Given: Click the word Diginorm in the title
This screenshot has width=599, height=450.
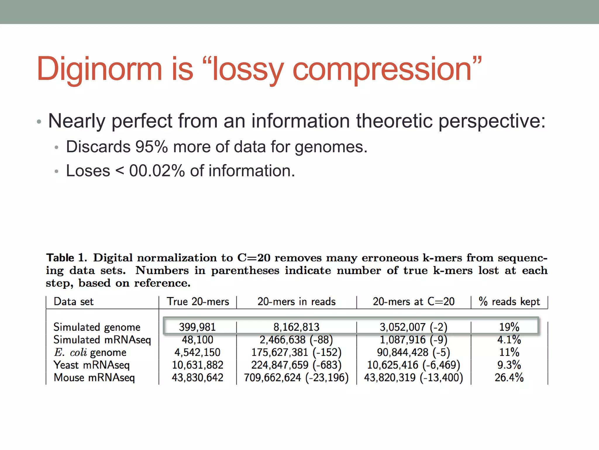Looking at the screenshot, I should [99, 69].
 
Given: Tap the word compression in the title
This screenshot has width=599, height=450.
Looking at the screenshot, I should [382, 69].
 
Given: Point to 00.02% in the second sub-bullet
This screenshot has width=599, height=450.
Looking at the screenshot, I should [157, 171].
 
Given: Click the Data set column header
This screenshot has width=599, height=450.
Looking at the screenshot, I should [73, 301].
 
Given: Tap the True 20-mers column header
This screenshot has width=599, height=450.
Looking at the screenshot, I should [198, 301].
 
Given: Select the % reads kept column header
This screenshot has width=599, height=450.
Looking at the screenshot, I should [509, 301].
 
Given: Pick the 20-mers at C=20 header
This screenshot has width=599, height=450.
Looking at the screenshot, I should [414, 301].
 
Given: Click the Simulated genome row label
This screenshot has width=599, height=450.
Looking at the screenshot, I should [97, 327].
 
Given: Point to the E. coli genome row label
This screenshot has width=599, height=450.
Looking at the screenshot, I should [90, 352].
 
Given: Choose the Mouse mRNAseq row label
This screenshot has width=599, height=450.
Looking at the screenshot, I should [94, 378].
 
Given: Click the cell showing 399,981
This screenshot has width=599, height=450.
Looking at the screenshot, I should [197, 327].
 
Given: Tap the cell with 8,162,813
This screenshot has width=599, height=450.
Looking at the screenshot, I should [296, 327].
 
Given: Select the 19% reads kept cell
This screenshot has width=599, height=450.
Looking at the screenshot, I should [509, 327].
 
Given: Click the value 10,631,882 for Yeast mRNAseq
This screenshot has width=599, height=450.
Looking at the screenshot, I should [197, 365].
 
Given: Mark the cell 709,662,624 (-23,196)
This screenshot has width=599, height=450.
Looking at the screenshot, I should [296, 378].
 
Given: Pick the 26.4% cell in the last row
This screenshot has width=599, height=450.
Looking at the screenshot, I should [509, 378].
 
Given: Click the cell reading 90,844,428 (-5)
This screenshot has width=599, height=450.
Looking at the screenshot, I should [414, 352].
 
